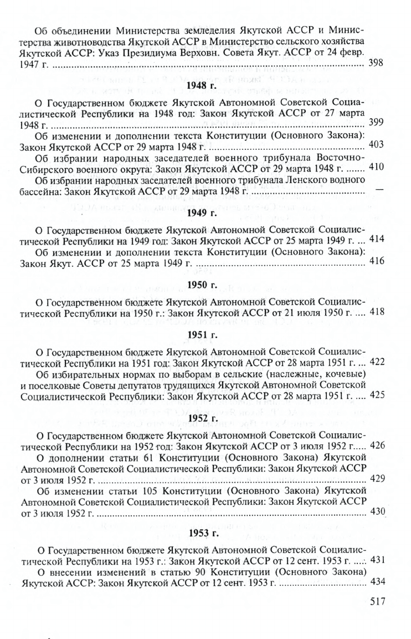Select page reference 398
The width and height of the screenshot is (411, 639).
(376, 64)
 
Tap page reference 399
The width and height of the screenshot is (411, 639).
(376, 123)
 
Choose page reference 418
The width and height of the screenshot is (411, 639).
(376, 312)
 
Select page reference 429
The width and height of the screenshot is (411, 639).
(376, 478)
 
